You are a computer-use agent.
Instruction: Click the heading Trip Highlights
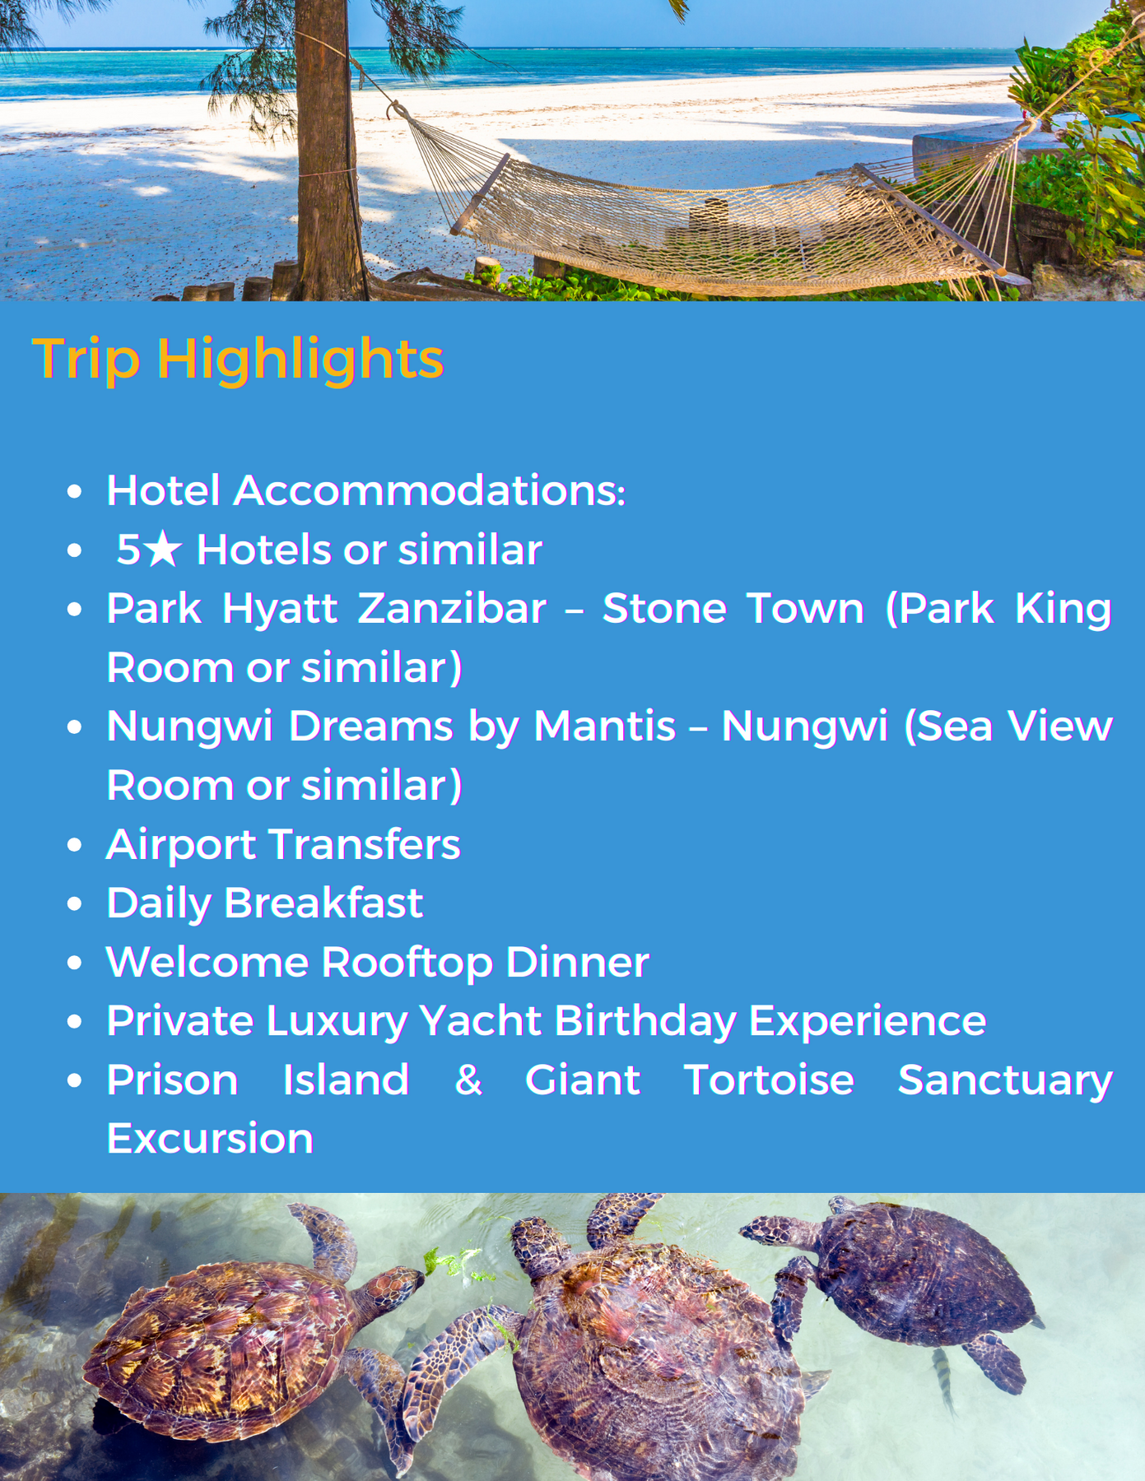pos(238,360)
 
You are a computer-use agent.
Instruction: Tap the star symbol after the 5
pos(165,549)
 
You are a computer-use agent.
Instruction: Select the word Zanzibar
pos(452,609)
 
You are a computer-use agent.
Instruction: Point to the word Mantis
pos(605,727)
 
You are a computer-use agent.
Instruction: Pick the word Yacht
pos(481,1021)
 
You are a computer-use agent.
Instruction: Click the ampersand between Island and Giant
pos(468,1079)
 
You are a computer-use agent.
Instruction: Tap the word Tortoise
pos(769,1079)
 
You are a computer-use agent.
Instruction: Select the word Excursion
pos(210,1139)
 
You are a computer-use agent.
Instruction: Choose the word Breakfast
pos(323,903)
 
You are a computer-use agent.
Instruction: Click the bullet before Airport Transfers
pos(75,845)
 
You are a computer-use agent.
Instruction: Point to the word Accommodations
pos(430,491)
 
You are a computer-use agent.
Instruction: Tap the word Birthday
pos(645,1022)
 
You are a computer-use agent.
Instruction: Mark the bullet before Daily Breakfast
pos(75,904)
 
